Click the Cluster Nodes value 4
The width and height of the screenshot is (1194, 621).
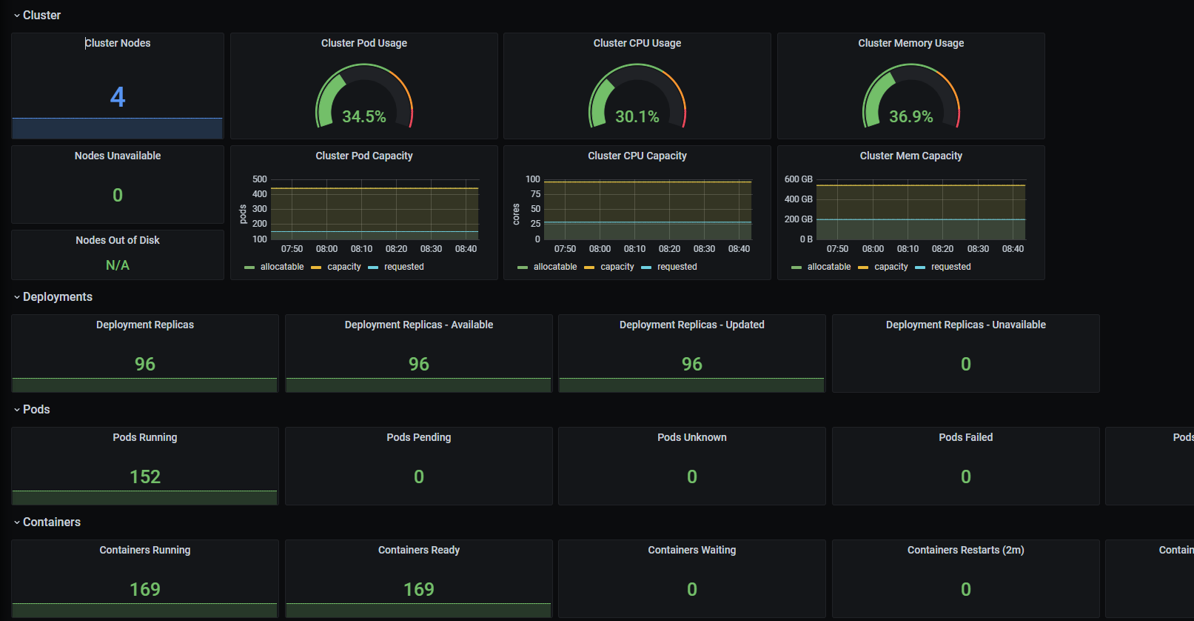click(118, 97)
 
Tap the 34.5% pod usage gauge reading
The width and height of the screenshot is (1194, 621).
click(363, 116)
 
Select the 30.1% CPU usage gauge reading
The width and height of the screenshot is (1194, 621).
click(637, 116)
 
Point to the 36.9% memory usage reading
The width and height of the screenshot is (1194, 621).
click(910, 116)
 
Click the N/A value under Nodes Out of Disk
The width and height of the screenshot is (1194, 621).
click(118, 265)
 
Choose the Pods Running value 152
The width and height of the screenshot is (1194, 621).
click(145, 476)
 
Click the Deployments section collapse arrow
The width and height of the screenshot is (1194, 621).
click(17, 297)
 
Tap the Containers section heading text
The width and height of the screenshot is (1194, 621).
click(52, 522)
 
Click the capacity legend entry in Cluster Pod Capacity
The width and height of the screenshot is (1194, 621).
click(343, 267)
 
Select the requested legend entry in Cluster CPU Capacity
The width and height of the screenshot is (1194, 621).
click(677, 267)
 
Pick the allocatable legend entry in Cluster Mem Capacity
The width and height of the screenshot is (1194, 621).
click(828, 267)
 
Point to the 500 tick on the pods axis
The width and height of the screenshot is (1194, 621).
click(260, 179)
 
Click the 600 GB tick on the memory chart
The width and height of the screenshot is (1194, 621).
click(798, 179)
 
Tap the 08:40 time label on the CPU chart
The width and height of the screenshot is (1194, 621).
click(739, 249)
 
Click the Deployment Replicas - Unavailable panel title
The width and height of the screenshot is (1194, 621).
click(965, 325)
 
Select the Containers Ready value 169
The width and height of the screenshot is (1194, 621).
click(419, 589)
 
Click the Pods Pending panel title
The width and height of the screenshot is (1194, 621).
click(419, 437)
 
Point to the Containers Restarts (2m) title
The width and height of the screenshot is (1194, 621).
click(965, 550)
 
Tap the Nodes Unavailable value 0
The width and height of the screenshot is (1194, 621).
click(118, 195)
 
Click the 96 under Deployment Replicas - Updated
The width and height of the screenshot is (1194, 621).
click(692, 364)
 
